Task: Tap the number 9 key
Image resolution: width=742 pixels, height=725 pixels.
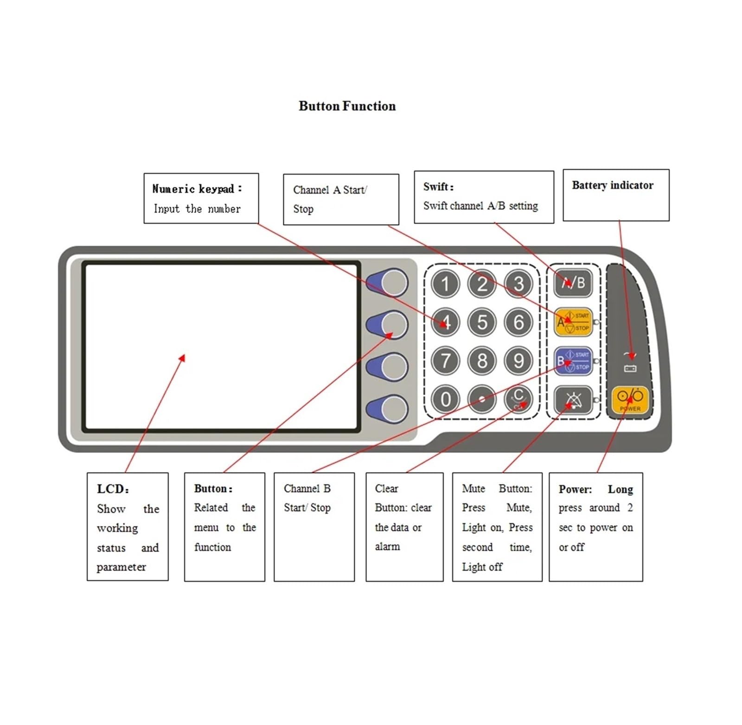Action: coord(518,360)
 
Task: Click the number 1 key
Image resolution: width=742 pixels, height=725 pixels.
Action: coord(445,284)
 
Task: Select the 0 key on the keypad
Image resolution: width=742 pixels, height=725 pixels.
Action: coord(445,399)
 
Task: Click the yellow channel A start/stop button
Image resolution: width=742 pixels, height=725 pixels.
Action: coord(573,322)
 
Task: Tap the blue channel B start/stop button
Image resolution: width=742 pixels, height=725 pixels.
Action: coord(573,361)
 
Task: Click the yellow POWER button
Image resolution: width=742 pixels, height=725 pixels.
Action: coord(630,400)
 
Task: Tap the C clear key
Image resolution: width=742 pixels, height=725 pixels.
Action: coord(518,399)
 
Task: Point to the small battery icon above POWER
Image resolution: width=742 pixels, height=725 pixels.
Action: coord(630,368)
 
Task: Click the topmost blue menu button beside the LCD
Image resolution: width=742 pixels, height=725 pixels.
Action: coord(388,283)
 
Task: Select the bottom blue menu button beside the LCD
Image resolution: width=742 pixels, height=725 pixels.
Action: coord(388,409)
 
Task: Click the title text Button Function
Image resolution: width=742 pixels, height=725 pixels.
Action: coord(347,106)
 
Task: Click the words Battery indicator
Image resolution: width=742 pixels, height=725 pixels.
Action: coord(613,185)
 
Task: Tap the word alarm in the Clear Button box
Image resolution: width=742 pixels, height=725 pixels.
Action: coord(387,547)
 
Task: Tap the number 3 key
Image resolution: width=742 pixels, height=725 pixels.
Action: coord(518,284)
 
